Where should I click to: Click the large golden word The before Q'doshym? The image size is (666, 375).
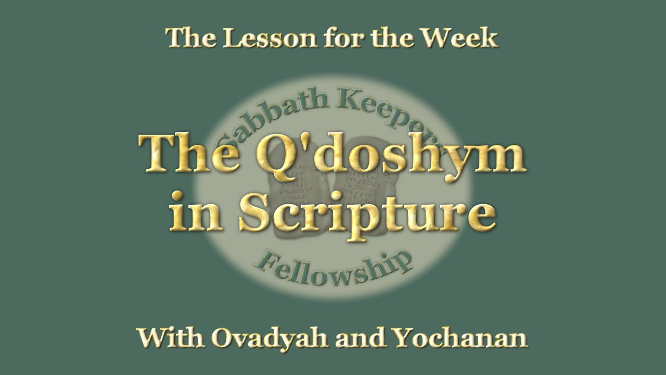click(189, 154)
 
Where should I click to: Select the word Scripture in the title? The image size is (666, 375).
click(367, 214)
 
